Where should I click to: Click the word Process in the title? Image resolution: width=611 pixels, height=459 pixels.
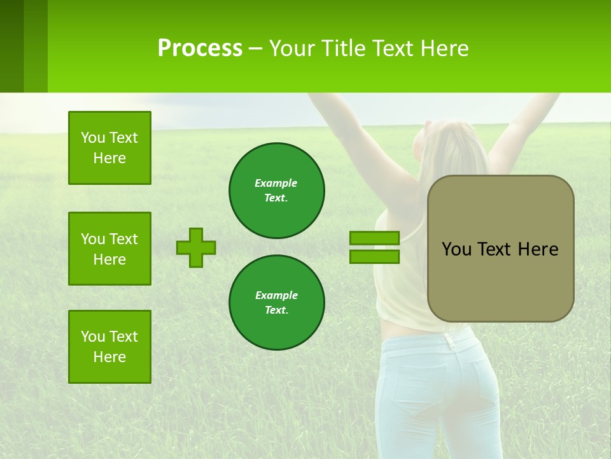point(200,48)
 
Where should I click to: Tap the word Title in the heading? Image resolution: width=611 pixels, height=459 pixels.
point(344,48)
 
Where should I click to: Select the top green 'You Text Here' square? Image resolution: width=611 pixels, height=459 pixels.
point(109,148)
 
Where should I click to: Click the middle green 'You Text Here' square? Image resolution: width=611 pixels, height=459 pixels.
point(109,249)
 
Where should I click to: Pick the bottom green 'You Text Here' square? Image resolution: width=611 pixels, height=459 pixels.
point(109,347)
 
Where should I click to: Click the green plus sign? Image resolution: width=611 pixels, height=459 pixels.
point(196,247)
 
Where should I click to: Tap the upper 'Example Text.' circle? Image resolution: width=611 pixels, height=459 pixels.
point(276,191)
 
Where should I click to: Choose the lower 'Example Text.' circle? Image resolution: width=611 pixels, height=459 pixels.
point(276,302)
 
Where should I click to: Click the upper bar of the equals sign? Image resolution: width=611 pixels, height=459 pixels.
point(374,238)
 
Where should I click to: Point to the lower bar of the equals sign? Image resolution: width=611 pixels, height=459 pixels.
point(374,256)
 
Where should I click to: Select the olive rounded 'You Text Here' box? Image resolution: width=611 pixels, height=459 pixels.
point(500,249)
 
